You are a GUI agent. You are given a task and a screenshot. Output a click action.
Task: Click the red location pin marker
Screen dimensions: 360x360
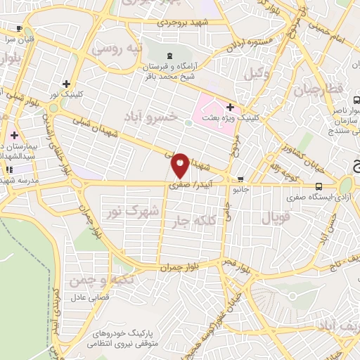point(181,165)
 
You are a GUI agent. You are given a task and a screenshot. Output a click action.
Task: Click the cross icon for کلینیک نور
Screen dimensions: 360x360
point(65,83)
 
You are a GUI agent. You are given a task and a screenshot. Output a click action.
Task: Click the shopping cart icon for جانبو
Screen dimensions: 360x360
point(241,179)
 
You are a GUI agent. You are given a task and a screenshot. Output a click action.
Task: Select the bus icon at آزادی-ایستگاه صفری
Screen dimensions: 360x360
point(319,186)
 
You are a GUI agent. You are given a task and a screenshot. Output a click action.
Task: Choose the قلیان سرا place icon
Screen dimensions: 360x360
point(19,30)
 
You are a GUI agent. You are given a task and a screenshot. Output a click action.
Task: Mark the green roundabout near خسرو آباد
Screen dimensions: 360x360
point(188,123)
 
